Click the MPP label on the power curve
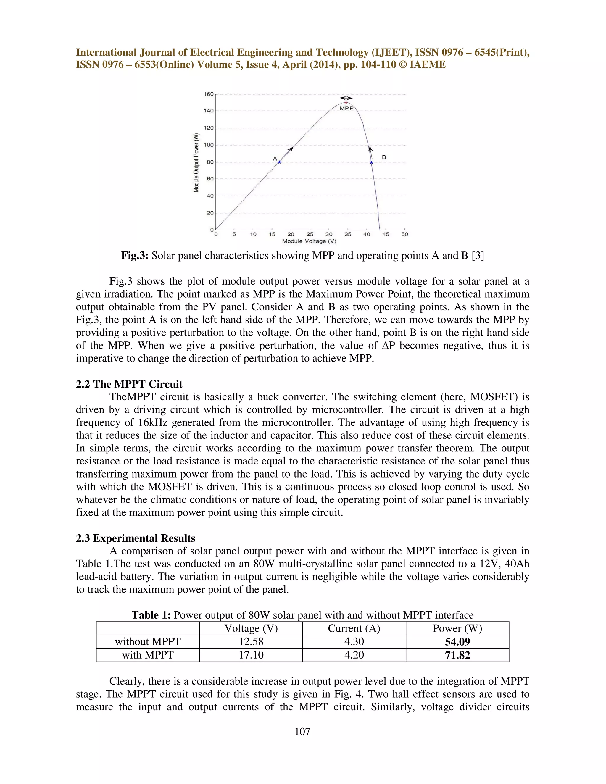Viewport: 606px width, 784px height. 346,108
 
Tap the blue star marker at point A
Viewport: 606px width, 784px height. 279,162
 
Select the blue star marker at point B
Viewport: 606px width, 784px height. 372,163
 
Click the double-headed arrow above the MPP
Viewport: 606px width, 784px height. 346,98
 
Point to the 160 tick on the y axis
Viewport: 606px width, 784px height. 209,94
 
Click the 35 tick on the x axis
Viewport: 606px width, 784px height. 347,234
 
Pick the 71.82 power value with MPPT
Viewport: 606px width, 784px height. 457,655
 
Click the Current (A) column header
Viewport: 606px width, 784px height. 354,628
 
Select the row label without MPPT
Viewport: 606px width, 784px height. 148,641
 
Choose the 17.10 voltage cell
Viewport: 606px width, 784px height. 251,655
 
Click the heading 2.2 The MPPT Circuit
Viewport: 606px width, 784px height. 129,384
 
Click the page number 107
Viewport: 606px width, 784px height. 302,731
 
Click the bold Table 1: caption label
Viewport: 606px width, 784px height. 151,615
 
